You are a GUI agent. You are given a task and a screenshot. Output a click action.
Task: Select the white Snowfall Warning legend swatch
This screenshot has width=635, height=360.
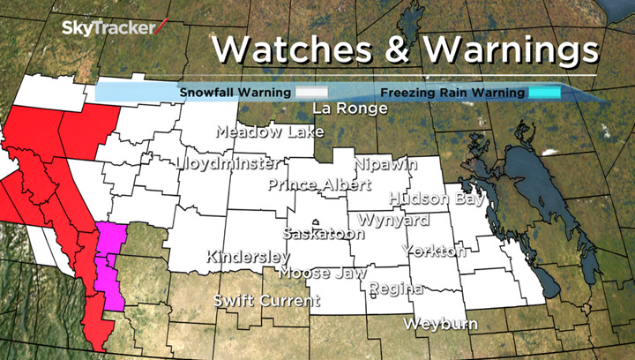[311, 91]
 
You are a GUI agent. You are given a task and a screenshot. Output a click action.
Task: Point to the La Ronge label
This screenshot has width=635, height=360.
[350, 109]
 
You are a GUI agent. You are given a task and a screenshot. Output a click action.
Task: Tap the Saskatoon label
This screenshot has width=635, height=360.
[324, 234]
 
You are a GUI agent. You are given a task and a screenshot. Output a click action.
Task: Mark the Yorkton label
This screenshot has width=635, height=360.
[434, 251]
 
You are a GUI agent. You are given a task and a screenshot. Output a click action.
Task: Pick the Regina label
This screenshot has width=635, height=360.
[396, 289]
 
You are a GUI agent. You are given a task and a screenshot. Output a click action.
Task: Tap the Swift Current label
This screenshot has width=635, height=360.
[266, 301]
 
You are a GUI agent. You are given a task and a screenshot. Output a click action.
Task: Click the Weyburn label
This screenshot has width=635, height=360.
[440, 324]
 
